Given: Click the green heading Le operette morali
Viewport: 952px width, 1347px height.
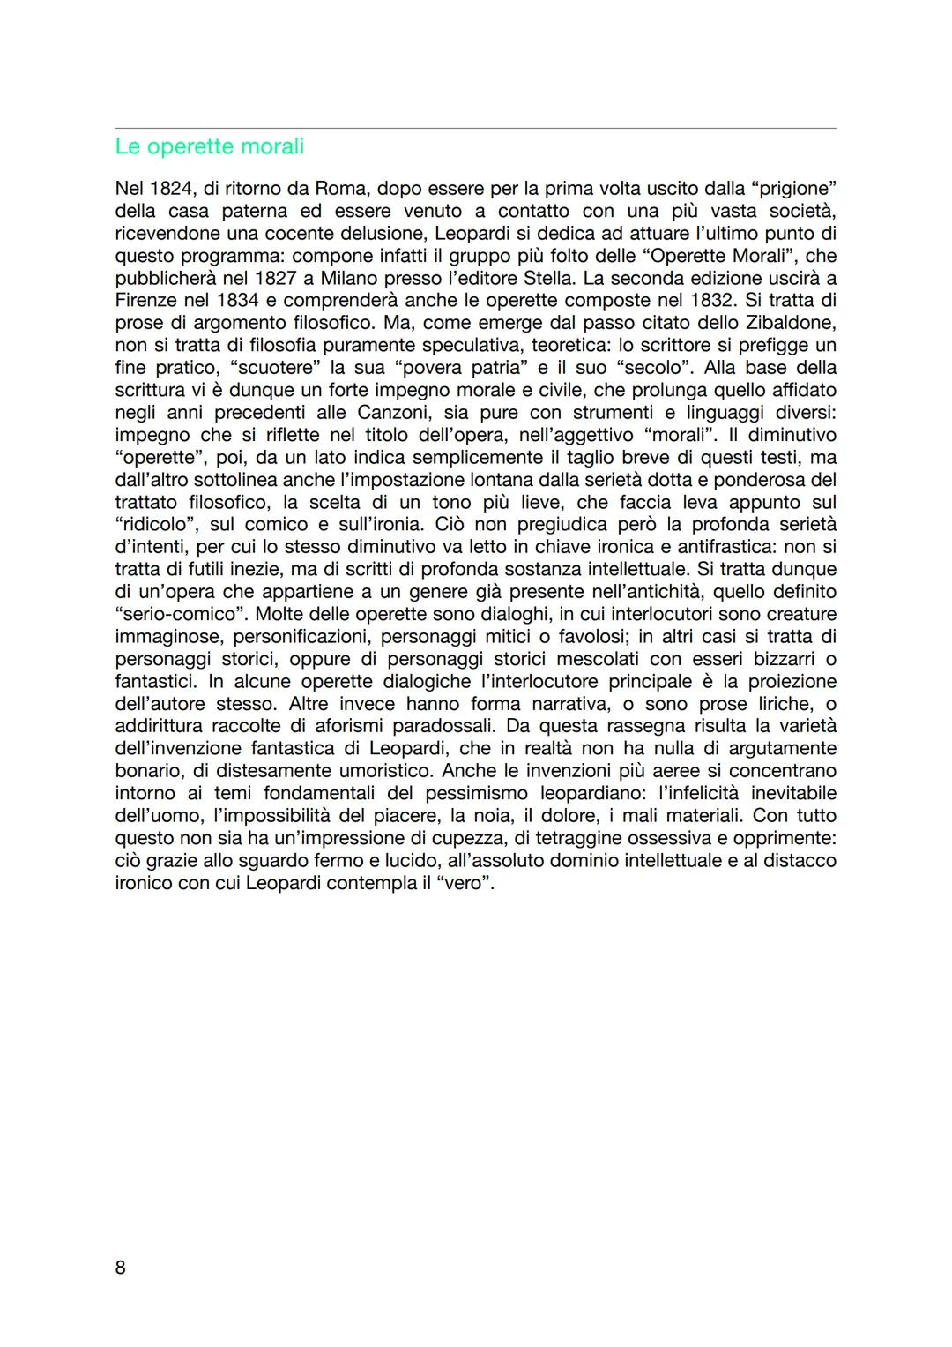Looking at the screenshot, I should click(x=209, y=146).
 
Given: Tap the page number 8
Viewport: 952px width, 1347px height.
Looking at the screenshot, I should click(x=121, y=1268).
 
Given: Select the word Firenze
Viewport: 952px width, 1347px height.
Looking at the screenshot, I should click(x=147, y=301).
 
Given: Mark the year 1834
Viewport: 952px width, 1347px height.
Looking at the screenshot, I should click(x=237, y=301).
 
